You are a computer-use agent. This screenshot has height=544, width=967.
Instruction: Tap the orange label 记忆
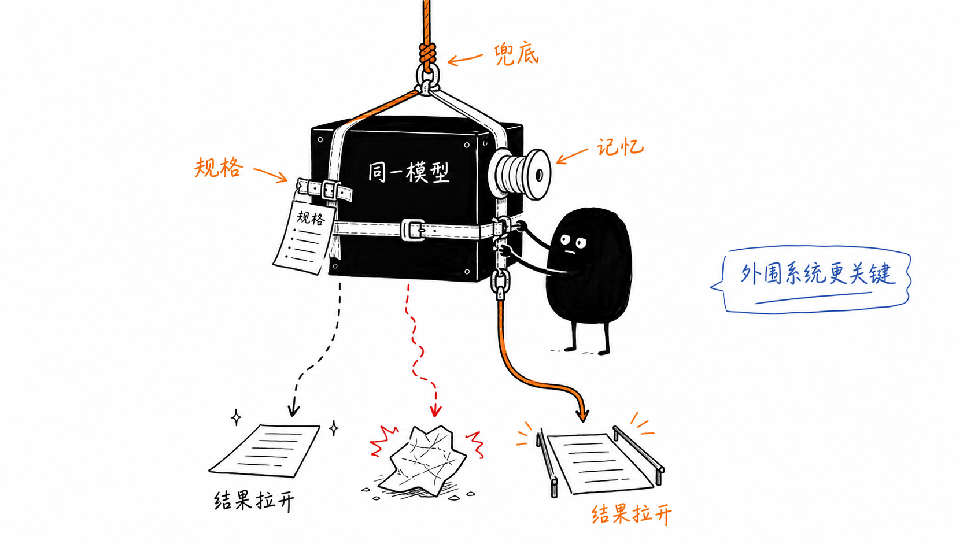tap(621, 147)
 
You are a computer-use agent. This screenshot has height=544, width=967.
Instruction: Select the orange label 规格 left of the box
tap(219, 168)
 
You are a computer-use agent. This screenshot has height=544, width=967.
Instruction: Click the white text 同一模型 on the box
tap(409, 172)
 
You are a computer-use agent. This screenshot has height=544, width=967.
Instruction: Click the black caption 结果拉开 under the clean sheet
tap(254, 501)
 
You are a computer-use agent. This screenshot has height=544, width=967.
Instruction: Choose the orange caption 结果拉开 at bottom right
tap(632, 514)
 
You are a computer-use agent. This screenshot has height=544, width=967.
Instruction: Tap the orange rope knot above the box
tap(427, 55)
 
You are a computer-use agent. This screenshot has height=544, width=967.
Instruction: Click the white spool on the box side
tap(520, 173)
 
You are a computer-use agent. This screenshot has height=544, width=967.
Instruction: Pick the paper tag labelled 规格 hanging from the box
tap(304, 237)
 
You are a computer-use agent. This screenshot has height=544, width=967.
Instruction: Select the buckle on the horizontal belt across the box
tap(413, 229)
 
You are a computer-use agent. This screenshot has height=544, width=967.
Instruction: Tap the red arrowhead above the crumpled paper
tap(435, 410)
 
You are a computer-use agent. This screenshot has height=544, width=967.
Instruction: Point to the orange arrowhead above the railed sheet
tap(582, 415)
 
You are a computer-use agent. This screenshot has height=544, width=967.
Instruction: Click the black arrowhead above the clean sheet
tap(294, 409)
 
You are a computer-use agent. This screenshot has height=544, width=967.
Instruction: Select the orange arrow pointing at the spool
tap(572, 156)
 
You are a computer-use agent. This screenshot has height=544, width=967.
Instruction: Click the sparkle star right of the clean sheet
tap(334, 428)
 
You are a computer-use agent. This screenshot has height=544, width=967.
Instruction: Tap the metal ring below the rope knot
tap(427, 77)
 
